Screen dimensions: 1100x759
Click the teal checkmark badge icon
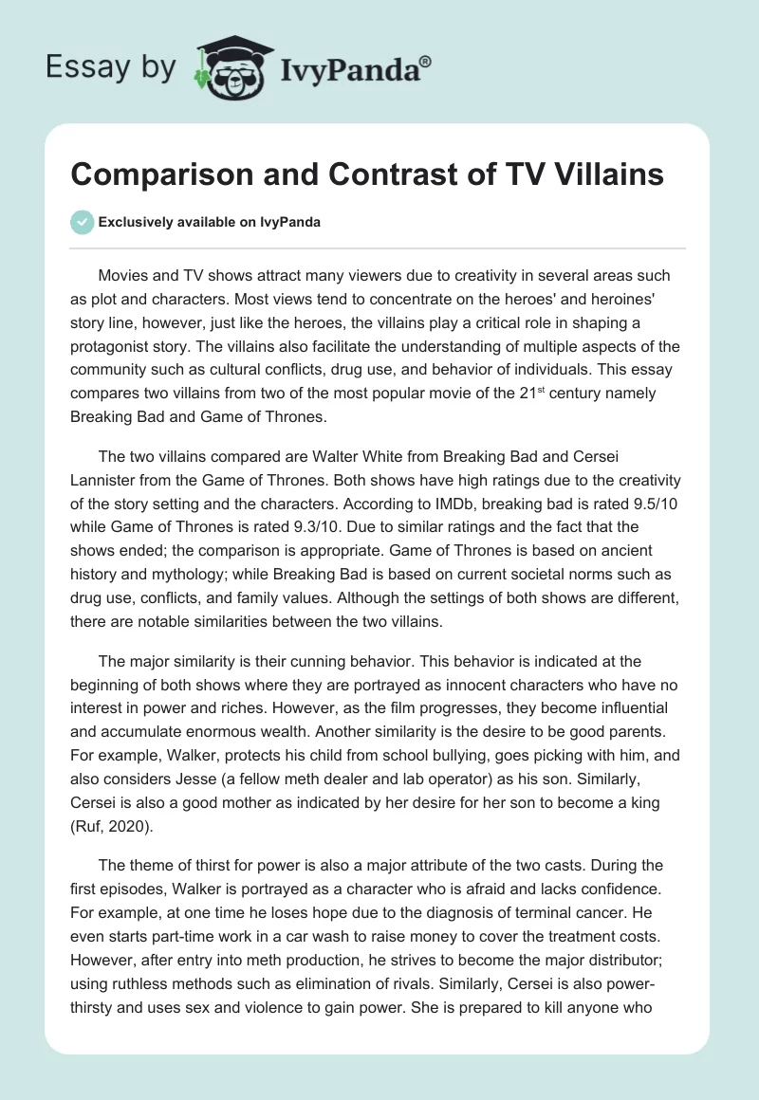pyautogui.click(x=83, y=222)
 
